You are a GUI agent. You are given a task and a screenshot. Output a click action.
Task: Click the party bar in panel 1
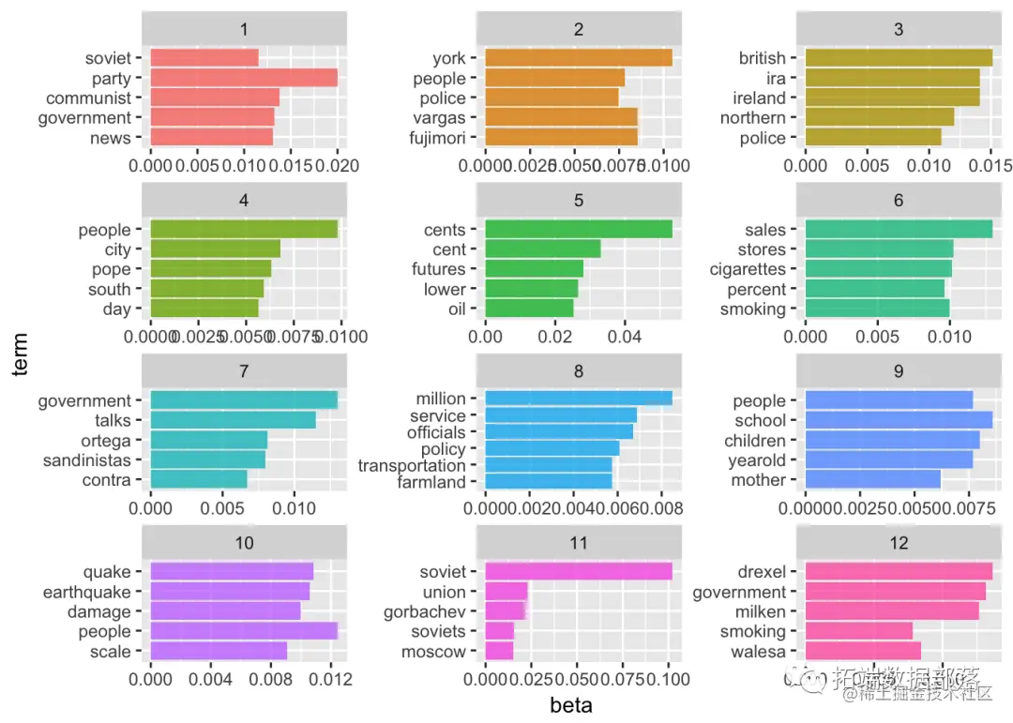pos(244,78)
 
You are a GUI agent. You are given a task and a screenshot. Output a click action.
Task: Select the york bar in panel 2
pos(579,58)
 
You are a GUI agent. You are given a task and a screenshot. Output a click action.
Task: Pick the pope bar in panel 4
pos(211,269)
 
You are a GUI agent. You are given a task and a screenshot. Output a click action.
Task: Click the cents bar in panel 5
pos(579,230)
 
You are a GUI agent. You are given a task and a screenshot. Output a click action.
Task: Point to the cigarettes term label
pos(748,269)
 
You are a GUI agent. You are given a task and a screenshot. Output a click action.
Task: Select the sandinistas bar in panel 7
pos(208,460)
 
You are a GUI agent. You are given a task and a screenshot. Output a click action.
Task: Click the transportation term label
pos(412,465)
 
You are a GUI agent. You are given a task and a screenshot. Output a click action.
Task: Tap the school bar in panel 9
pos(899,420)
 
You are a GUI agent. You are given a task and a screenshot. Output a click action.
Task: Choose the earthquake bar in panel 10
pos(230,592)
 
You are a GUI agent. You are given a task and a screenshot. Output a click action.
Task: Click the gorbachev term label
pos(425,612)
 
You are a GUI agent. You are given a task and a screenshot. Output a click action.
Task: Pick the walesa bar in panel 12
pos(863,652)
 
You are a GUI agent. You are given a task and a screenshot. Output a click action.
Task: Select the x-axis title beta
pos(571,705)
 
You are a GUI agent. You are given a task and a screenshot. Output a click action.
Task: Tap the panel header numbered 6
pos(899,200)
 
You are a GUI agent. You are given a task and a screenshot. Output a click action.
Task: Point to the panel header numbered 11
pos(579,543)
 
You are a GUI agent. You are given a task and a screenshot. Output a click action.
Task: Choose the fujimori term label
pos(438,138)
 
